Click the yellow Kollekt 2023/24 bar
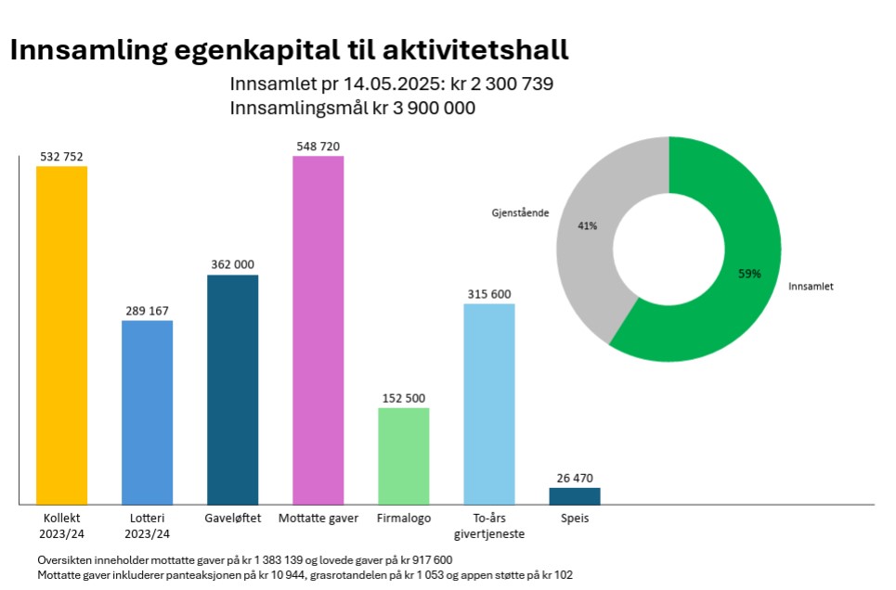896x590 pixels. coord(61,335)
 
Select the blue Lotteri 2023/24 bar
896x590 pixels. coord(147,412)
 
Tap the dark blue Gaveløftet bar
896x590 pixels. coord(232,390)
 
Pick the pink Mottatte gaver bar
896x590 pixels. coord(318,330)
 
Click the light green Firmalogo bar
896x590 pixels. coord(404,455)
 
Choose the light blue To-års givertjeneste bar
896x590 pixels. coord(489,404)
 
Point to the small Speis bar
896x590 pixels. coord(575,495)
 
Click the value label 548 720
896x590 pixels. coord(318,147)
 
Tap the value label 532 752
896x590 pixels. coord(61,157)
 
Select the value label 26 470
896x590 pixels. coord(575,479)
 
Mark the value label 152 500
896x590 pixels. coord(404,399)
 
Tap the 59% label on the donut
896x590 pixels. coord(749,274)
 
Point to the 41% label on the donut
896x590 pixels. coord(587,225)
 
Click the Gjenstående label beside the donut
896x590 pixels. coord(520,212)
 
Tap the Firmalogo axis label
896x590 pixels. coord(404,518)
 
